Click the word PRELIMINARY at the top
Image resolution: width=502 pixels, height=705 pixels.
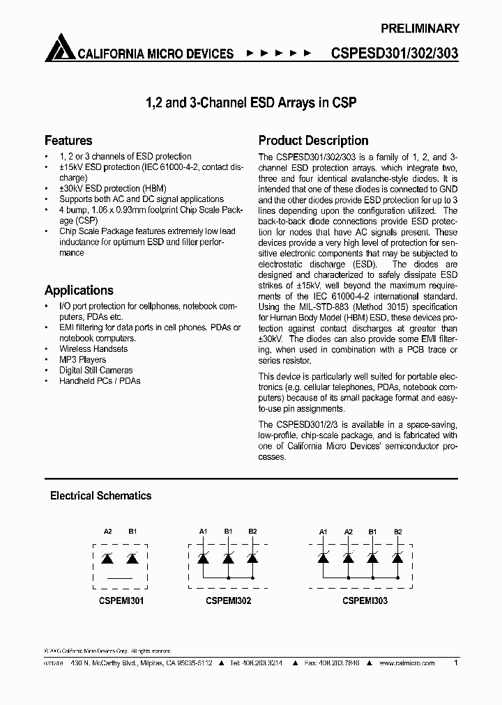coord(420,29)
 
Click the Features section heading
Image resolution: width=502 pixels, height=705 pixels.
coord(68,140)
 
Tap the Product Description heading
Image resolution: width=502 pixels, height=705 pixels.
coord(313,140)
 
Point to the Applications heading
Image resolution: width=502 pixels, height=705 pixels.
coord(79,290)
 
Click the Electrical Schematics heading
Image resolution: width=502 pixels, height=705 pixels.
coord(100,496)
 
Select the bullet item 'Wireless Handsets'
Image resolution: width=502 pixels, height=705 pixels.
coord(93,349)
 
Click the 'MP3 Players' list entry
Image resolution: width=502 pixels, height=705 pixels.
coord(82,359)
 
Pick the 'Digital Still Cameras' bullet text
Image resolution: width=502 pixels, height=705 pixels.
coord(96,371)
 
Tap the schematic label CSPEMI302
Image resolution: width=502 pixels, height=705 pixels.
coord(229,600)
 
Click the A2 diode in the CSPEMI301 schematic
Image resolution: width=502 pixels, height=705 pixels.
coord(107,558)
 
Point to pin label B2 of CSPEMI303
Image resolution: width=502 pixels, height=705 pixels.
coord(397,532)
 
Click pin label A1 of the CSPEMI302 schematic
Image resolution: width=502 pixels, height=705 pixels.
coord(204,532)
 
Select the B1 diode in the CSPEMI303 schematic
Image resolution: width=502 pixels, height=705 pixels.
coord(373,558)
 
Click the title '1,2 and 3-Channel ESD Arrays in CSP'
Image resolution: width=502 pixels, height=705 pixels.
coord(250,102)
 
